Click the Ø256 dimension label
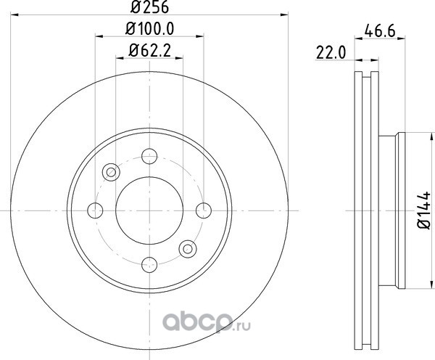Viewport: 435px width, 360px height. [149, 7]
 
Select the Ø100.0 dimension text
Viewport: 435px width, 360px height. [150, 28]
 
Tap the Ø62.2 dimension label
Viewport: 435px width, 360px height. [150, 51]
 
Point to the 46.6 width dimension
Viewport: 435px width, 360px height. [380, 30]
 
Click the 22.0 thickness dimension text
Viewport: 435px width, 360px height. [331, 53]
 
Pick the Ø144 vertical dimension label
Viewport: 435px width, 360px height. [424, 210]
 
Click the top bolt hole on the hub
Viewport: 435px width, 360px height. [149, 156]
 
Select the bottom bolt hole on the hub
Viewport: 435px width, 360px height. [149, 265]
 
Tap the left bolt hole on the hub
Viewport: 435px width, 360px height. [95, 210]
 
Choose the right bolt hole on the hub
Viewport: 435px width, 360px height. [204, 210]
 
